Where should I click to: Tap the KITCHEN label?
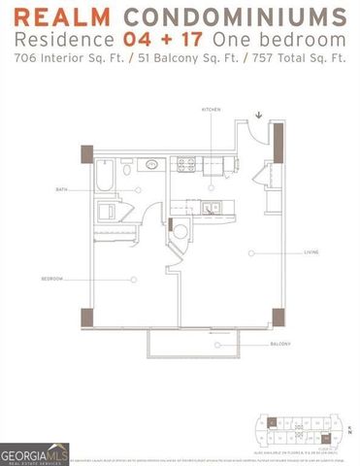click(211, 111)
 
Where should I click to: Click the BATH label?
click(61, 189)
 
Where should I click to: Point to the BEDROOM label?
click(51, 279)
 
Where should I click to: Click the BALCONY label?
click(280, 345)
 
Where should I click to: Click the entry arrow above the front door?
click(259, 119)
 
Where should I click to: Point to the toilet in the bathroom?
click(108, 211)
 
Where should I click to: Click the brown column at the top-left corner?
click(87, 154)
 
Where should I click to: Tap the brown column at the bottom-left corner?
click(88, 318)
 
